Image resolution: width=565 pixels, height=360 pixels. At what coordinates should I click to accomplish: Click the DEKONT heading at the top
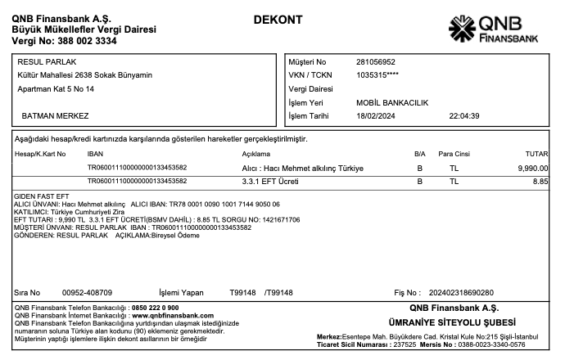278,20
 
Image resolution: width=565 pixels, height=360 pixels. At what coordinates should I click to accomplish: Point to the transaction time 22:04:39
464,116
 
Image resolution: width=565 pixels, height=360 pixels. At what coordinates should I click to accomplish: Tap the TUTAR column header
536,153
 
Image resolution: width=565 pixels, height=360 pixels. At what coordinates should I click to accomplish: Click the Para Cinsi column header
454,153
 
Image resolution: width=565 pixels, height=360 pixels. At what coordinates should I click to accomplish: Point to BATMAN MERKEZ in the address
55,116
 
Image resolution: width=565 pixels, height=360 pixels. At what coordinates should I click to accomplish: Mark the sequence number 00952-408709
87,292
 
